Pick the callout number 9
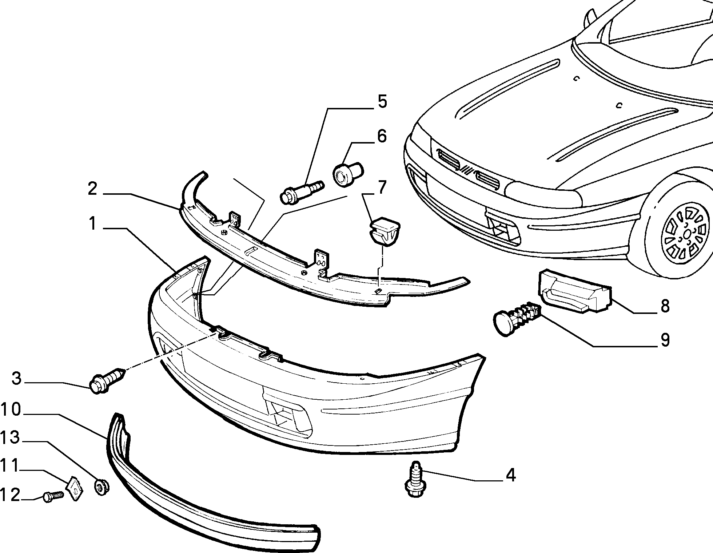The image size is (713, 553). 665,340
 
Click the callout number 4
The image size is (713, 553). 511,475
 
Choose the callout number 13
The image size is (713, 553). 10,437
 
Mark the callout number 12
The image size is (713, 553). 10,495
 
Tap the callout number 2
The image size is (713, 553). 92,189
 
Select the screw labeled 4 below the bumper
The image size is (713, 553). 416,479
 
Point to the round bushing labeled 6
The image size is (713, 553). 348,175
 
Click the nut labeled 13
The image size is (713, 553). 102,487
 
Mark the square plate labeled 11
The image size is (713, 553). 75,489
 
